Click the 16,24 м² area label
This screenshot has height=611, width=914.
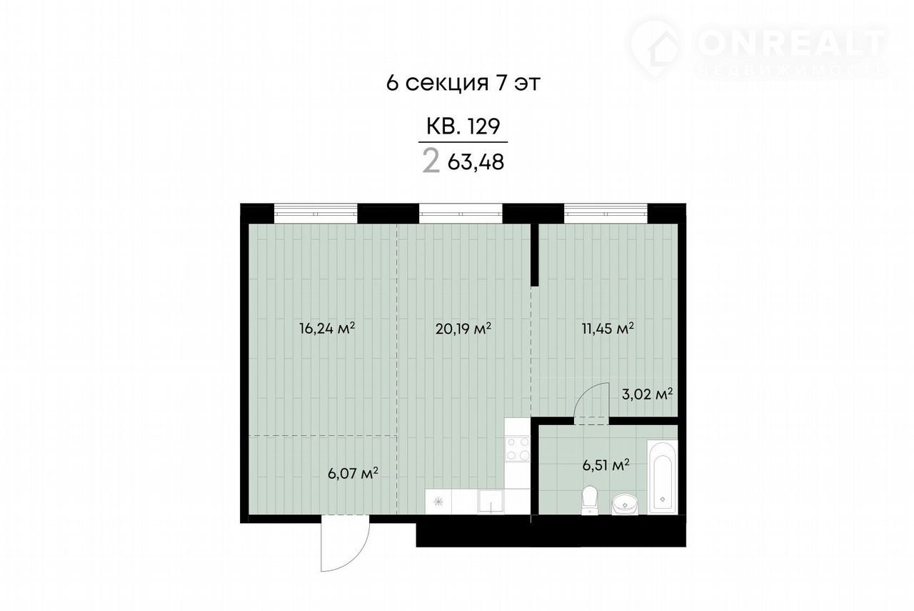point(327,329)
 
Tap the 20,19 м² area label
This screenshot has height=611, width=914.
point(463,329)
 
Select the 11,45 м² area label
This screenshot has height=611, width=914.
point(608,329)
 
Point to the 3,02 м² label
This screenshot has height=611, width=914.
point(647,395)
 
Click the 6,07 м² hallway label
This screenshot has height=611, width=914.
point(353,474)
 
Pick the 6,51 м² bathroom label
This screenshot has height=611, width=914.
point(606,465)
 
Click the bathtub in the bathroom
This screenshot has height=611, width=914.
point(662,477)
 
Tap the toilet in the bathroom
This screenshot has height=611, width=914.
point(589,501)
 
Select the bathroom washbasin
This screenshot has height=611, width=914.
point(625,505)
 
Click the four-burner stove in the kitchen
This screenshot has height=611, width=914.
point(518,449)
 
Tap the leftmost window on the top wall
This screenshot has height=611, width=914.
point(316,213)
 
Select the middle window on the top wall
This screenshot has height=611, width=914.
point(461,213)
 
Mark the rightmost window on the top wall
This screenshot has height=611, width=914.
point(606,213)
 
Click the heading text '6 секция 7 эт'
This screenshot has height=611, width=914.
point(463,83)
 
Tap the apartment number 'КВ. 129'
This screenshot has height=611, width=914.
point(463,126)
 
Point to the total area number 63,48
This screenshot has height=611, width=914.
point(476,162)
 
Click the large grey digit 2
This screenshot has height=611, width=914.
point(431,161)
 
